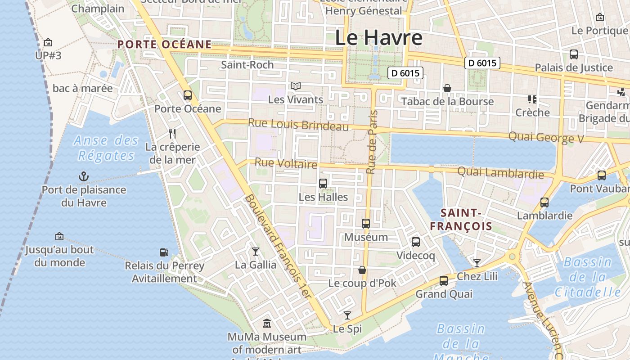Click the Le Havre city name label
(378, 37)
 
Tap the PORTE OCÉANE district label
(164, 44)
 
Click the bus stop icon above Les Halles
(323, 183)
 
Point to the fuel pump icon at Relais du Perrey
(164, 252)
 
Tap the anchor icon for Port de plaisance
(84, 176)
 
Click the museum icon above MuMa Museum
(267, 324)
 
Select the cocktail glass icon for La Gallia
(256, 251)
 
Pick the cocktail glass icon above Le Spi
(347, 315)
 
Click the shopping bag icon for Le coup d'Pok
(362, 270)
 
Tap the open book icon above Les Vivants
(295, 86)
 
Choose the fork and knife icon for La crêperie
(172, 133)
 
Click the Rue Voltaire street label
(286, 163)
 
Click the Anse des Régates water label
(106, 148)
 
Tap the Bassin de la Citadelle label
(587, 277)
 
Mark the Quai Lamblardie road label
(500, 172)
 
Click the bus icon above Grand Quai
(444, 281)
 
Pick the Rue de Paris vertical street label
(371, 142)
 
